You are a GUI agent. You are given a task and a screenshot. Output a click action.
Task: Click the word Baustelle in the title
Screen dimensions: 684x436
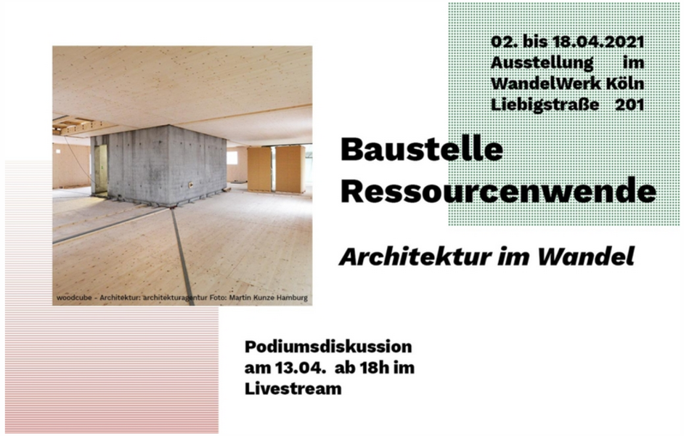coord(421,150)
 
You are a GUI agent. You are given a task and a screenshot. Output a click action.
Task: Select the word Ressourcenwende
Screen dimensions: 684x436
coord(498,190)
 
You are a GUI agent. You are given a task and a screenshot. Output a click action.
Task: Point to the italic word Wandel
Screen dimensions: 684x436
coord(585,257)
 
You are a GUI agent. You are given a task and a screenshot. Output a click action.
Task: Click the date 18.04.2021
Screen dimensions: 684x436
coord(598,41)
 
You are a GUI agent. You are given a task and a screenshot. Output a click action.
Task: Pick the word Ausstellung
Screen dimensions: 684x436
coord(542,63)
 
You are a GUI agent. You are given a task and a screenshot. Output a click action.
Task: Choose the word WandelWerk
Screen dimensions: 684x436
coord(546,83)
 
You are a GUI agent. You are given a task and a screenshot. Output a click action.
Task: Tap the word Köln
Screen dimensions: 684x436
coord(625,83)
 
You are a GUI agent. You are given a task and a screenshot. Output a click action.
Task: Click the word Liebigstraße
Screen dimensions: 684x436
coord(545,105)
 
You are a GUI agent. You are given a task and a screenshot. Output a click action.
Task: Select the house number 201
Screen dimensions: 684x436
coord(630,105)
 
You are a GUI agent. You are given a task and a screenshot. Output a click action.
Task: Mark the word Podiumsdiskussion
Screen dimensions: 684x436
coord(328,347)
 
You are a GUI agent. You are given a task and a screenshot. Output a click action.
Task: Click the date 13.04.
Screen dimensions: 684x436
coord(301,368)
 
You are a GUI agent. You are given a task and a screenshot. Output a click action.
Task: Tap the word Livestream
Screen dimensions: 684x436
coord(293,389)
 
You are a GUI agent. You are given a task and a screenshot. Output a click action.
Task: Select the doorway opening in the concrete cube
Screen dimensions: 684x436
coord(101,169)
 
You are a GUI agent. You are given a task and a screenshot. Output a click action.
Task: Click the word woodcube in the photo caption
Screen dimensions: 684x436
coord(74,298)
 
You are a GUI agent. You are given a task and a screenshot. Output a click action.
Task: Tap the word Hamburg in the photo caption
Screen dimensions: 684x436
coord(293,298)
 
